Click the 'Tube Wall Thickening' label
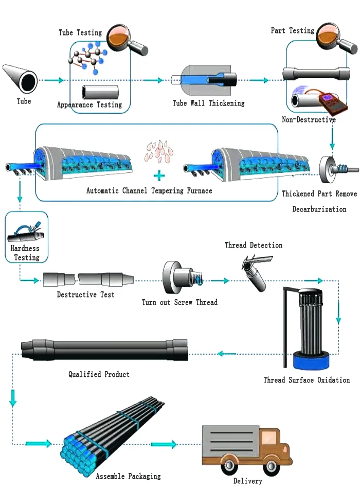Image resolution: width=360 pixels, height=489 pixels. coord(208,103)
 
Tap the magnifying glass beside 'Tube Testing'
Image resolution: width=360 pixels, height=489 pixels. coord(127,39)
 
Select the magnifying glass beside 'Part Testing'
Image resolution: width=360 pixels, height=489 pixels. coord(336,38)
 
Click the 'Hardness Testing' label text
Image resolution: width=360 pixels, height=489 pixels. coord(25,253)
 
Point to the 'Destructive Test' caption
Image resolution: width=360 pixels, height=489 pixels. coord(86,295)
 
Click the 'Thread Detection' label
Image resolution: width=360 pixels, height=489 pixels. coord(254,246)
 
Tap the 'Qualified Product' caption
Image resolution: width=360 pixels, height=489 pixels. coord(99,374)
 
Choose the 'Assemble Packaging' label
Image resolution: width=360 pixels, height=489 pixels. coord(129,476)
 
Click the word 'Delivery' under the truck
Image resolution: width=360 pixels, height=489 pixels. coord(248,481)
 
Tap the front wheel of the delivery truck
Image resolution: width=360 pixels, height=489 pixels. coord(271,466)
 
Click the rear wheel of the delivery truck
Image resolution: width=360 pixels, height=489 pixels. coord(230,465)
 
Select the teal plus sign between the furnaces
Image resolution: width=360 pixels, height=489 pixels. coord(159,176)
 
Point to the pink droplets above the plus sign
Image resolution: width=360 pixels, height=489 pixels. coord(158,151)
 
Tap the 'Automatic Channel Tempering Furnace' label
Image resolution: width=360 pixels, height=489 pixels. coord(149,190)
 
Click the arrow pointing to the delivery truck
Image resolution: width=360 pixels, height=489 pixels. coord(164,444)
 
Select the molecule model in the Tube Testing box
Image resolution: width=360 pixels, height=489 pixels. coord(88,58)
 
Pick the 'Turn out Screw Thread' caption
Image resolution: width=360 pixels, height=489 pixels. coord(179,302)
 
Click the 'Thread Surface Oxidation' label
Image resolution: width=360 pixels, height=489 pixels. coord(307,380)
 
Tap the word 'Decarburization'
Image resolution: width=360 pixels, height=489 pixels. coord(319,209)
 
